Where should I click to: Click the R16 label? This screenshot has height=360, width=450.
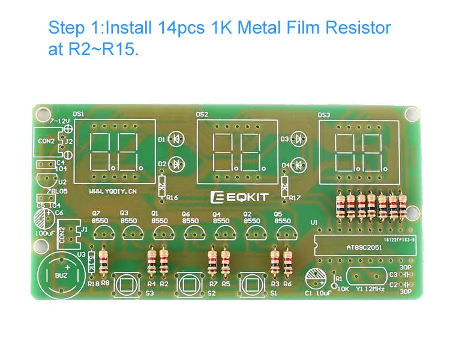[172, 197]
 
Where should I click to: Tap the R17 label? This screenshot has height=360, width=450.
[294, 197]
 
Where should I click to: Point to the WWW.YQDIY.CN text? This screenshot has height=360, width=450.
[113, 191]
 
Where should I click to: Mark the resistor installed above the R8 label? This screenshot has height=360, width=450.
[103, 262]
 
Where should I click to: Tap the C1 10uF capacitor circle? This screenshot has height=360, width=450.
[316, 278]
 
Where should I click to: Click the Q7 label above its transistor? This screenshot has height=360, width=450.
[96, 212]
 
